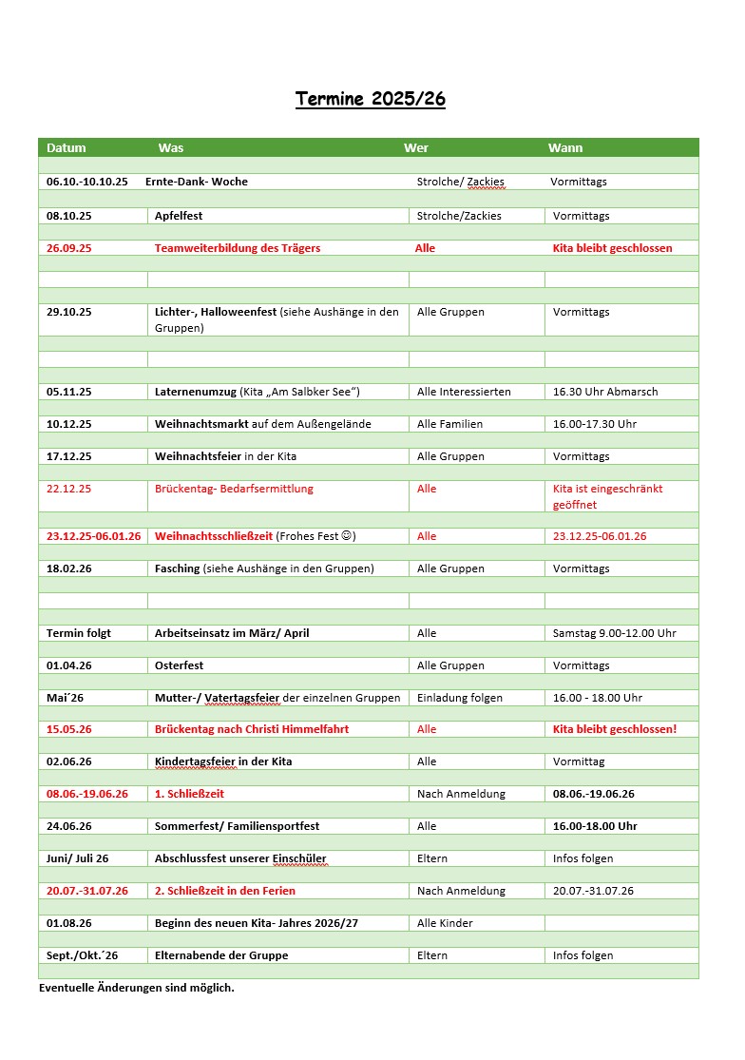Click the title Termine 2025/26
(370, 99)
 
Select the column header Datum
(66, 147)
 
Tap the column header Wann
(565, 147)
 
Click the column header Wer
(415, 147)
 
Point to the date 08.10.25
(68, 216)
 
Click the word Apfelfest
(179, 216)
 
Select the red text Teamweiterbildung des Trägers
(238, 248)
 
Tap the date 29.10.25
(68, 312)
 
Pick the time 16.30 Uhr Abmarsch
(604, 392)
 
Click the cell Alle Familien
(449, 424)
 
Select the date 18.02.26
(68, 569)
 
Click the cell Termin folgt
(79, 633)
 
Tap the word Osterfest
(179, 665)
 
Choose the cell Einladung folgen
(460, 698)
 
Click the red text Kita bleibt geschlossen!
(614, 729)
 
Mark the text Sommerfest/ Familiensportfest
(237, 826)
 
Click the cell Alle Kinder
(445, 923)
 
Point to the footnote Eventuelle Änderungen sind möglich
(136, 988)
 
